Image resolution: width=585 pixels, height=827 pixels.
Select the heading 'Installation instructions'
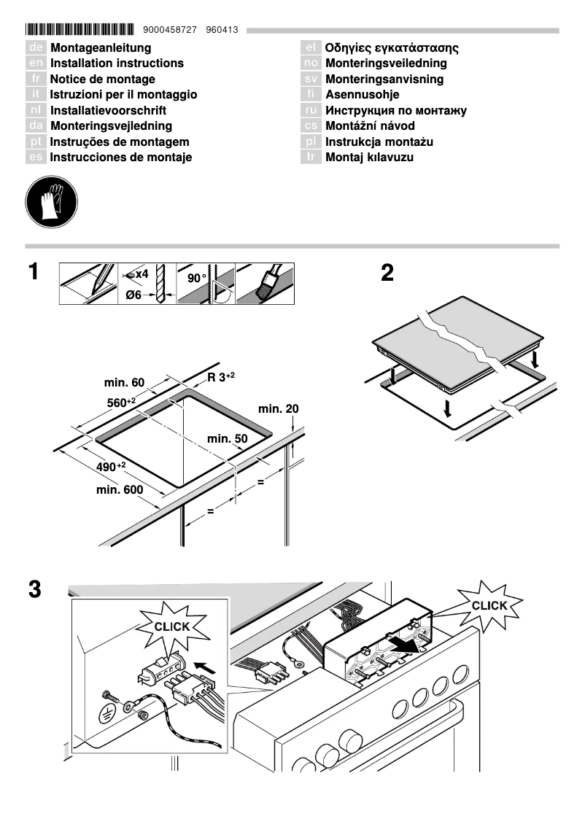pyautogui.click(x=117, y=63)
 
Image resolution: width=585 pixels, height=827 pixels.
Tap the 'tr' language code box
pyautogui.click(x=311, y=158)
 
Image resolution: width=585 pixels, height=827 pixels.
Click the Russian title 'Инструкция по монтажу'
pyautogui.click(x=395, y=111)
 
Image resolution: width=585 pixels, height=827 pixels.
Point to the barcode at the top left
pyautogui.click(x=80, y=30)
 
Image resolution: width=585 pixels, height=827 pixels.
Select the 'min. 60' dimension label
pyautogui.click(x=125, y=383)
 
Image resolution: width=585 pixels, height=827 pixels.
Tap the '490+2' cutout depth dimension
pyautogui.click(x=111, y=466)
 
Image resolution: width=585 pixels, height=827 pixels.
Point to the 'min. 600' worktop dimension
pyautogui.click(x=120, y=490)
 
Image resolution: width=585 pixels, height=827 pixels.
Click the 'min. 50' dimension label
pyautogui.click(x=228, y=439)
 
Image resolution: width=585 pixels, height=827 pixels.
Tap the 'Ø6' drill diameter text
pyautogui.click(x=133, y=295)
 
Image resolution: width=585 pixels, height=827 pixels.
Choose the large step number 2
pyautogui.click(x=387, y=273)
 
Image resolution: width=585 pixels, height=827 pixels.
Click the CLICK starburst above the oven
pyautogui.click(x=489, y=605)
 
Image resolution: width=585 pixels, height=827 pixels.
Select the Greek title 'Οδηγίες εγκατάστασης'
pyautogui.click(x=391, y=48)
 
